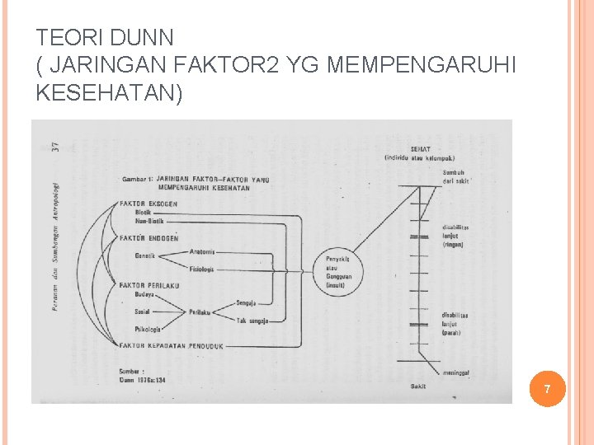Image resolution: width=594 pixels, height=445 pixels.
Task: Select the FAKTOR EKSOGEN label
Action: [148, 204]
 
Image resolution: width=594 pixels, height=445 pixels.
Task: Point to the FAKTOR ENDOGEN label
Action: [149, 238]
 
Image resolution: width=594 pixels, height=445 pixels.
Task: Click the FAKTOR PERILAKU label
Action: [149, 286]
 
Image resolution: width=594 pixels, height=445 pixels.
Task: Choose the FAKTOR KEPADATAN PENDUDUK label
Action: [171, 345]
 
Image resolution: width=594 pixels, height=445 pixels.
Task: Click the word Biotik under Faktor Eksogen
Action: [144, 213]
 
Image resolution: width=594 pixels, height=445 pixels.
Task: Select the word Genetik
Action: [146, 255]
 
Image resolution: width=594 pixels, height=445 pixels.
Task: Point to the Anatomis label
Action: [202, 251]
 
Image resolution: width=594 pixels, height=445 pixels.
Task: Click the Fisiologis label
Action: [202, 269]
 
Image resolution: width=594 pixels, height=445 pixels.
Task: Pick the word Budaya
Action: [144, 294]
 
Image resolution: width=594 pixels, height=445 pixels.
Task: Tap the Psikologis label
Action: [148, 329]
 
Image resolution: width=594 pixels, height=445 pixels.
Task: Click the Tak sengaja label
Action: [252, 320]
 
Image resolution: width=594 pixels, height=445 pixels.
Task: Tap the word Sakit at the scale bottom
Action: [419, 386]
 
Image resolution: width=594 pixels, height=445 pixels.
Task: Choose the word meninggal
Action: [456, 373]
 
